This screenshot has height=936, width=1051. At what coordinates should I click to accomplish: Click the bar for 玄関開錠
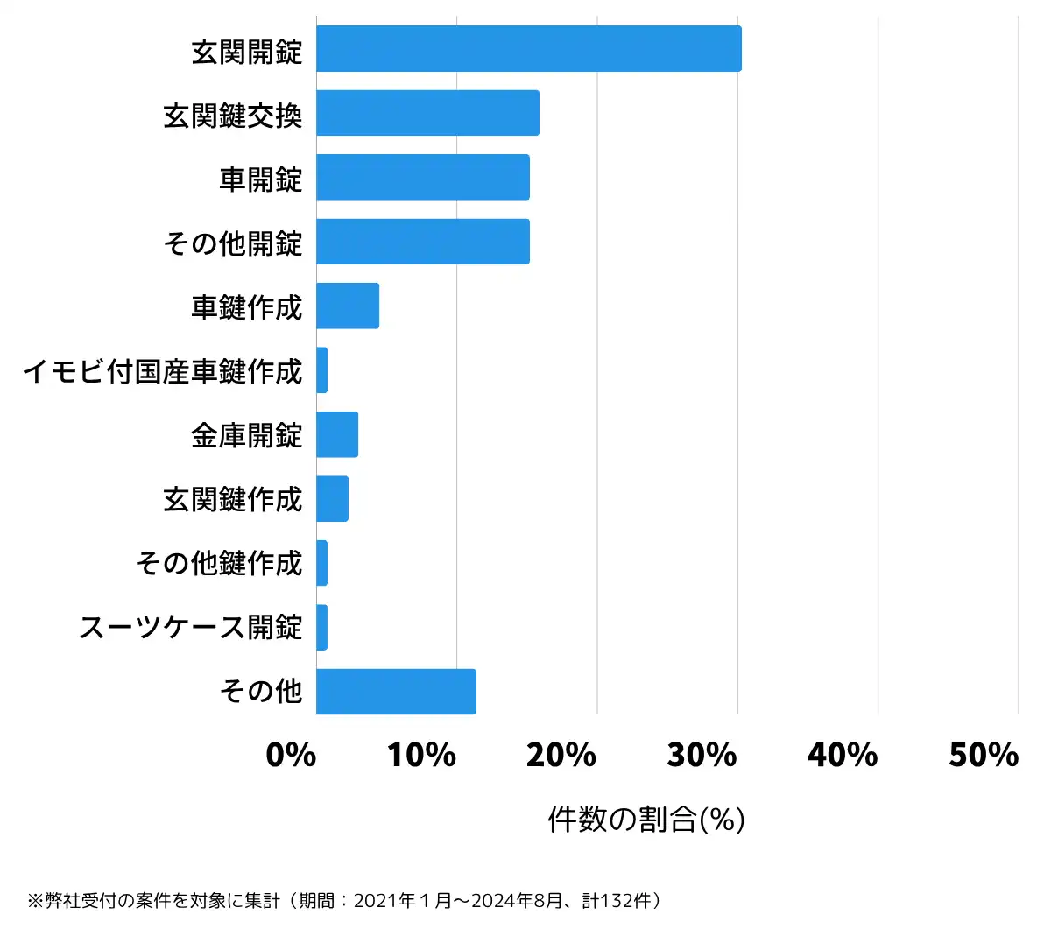pos(528,49)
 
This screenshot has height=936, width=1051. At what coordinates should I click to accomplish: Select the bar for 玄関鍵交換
pos(427,113)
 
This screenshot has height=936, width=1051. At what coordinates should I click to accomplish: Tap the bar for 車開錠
pos(422,177)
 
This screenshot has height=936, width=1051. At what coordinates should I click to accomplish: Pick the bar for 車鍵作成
pos(348,306)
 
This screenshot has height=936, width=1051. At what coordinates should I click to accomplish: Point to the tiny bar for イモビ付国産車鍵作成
pos(322,370)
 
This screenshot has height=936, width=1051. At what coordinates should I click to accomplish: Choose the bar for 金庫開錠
pos(337,434)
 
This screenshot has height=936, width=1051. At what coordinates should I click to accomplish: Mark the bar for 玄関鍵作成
pos(333,499)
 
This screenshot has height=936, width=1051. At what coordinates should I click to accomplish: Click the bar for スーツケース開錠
pos(322,628)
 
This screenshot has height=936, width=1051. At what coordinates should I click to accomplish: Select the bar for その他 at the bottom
pos(396,692)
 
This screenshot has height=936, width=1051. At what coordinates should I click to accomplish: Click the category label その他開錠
pos(233,243)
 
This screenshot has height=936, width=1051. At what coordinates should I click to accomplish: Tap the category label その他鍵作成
pos(219,563)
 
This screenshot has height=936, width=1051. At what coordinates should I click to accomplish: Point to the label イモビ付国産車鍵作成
pos(163,371)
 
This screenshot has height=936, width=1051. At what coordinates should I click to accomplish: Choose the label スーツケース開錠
pos(191,628)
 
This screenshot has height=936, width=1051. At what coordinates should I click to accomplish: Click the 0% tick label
pos(291,755)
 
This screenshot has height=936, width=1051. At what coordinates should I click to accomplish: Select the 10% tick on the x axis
pos(422,755)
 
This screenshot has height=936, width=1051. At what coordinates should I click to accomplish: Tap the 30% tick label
pos(702,755)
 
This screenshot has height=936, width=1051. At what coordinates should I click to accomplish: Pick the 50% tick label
pos(984,755)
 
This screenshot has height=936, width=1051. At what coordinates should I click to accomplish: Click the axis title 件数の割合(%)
pos(646,820)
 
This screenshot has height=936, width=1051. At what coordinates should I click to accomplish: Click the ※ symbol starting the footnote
pos(35,901)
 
